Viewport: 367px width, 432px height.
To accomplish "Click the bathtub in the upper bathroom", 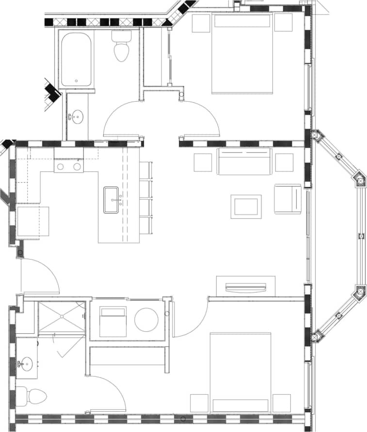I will pyautogui.click(x=76, y=59).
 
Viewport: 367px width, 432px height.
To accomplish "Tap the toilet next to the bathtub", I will pyautogui.click(x=121, y=47).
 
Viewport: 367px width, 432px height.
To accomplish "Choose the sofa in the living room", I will pyautogui.click(x=243, y=162).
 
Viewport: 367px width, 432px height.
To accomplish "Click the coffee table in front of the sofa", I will pyautogui.click(x=246, y=206).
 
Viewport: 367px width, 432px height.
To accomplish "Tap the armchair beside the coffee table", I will pyautogui.click(x=287, y=199).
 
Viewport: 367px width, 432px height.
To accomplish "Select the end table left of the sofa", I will pyautogui.click(x=203, y=163).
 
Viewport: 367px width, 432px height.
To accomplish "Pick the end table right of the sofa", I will pyautogui.click(x=284, y=163).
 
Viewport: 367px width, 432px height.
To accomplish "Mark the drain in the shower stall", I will pyautogui.click(x=62, y=316).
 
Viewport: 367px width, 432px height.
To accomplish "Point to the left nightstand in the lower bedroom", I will pyautogui.click(x=199, y=403).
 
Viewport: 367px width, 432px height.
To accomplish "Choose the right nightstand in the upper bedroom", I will pyautogui.click(x=283, y=22).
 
